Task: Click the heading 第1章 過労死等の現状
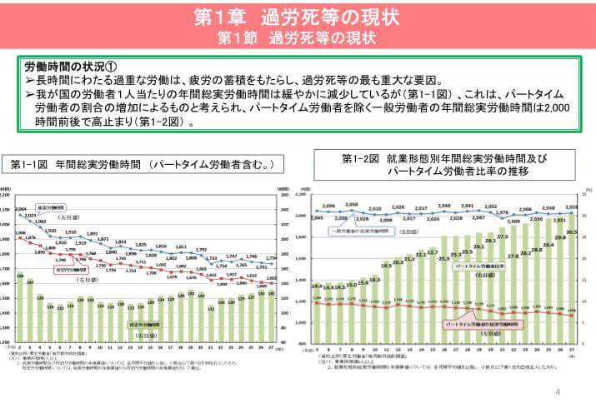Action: coord(298,16)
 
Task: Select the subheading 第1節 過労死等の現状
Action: coord(298,37)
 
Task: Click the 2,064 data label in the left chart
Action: coord(22,208)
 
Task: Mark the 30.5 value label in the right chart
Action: coord(571,232)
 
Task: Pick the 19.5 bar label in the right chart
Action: coord(386,266)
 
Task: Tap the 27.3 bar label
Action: coord(502,237)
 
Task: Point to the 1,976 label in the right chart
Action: coord(502,212)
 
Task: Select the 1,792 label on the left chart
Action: coord(201,249)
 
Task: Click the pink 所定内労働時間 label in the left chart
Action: coord(72,271)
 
